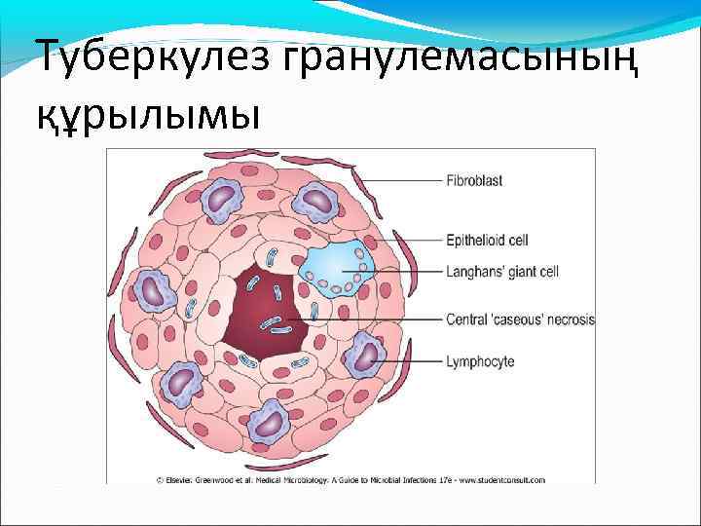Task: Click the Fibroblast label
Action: [x=474, y=180]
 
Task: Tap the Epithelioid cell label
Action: [x=488, y=239]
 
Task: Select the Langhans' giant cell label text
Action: [x=501, y=270]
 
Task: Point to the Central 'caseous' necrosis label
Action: [x=520, y=319]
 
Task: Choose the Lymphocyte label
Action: [x=480, y=361]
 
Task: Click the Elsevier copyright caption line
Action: [x=350, y=479]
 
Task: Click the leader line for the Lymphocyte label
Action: [x=409, y=361]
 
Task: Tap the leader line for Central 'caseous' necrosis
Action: [x=380, y=319]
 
